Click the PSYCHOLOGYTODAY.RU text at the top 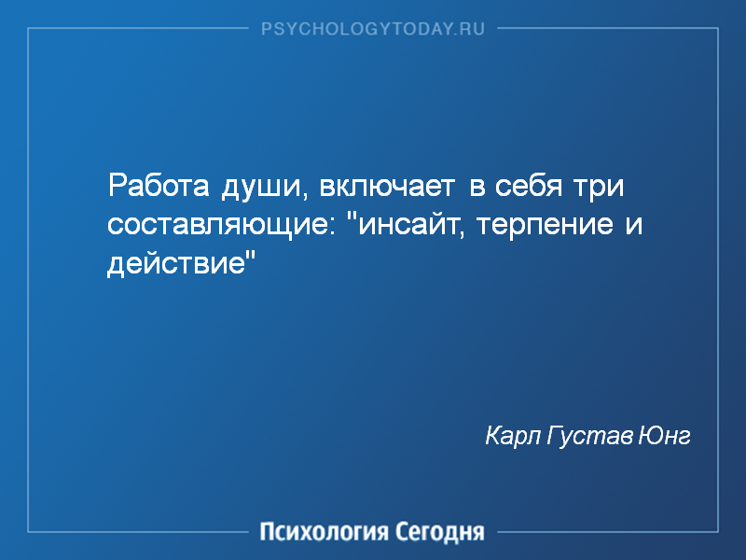coord(373,29)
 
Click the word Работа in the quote coord(159,185)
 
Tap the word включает coord(387,186)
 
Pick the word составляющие coord(217,226)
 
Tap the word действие coord(175,263)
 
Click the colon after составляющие coord(332,228)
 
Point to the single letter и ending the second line coord(634,225)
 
